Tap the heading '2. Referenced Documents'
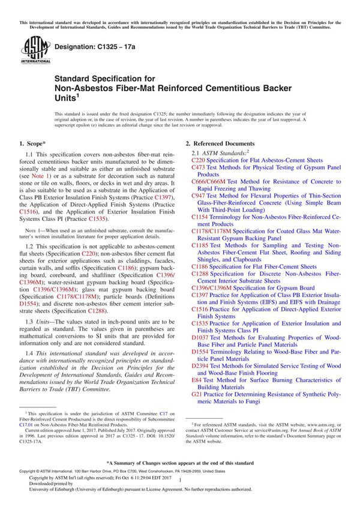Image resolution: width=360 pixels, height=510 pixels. pos(220,144)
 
